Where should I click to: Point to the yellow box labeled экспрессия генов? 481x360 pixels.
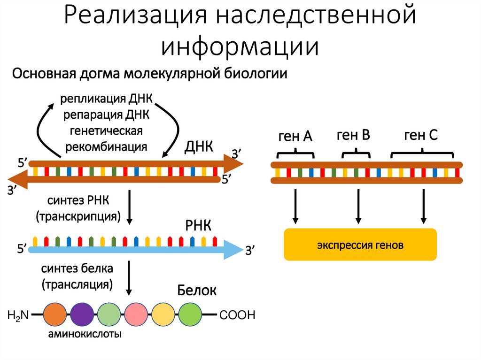tap(360, 245)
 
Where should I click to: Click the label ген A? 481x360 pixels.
tap(295, 137)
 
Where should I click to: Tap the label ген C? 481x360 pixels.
tap(421, 136)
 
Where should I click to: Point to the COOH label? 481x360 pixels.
tap(237, 315)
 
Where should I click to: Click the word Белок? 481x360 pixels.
tap(197, 291)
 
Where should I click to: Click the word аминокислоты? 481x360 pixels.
tap(84, 335)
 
